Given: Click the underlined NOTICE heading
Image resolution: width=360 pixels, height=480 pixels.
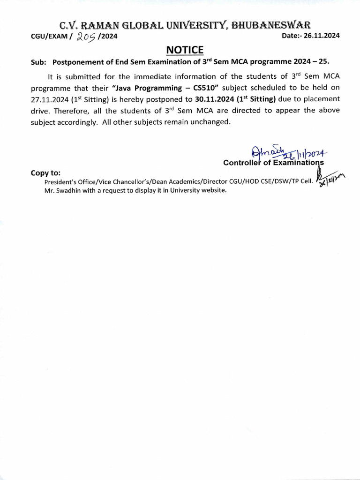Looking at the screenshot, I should [x=184, y=50].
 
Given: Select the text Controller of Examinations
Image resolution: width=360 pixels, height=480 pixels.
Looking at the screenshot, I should [x=273, y=163].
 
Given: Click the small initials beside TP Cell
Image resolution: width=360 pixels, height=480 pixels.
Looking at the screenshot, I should [x=330, y=179].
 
